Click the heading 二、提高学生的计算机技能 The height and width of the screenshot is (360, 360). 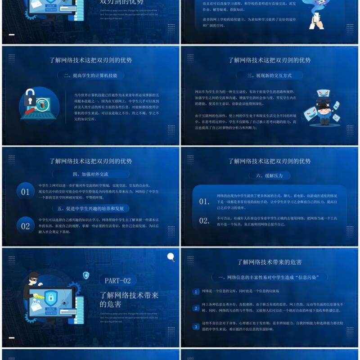point(90,76)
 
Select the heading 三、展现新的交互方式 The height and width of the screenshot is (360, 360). point(269,76)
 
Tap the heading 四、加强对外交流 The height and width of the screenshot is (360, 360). point(90,174)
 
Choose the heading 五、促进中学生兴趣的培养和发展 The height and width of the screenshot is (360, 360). point(90,208)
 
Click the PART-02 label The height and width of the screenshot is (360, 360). point(117,280)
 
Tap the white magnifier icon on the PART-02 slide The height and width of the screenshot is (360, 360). point(171,257)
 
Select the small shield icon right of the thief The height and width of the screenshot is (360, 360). point(86,274)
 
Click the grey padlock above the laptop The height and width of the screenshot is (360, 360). point(30,96)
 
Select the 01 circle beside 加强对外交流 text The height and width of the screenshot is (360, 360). point(25,192)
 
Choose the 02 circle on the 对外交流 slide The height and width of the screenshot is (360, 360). point(25,226)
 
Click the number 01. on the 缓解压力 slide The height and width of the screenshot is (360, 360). point(204,202)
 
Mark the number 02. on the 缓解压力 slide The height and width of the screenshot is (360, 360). point(204,220)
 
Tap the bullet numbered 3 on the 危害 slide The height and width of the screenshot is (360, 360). point(196,326)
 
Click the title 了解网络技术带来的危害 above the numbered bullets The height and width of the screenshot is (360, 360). point(269,262)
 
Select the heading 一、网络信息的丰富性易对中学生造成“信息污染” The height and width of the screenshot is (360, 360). point(269,277)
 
